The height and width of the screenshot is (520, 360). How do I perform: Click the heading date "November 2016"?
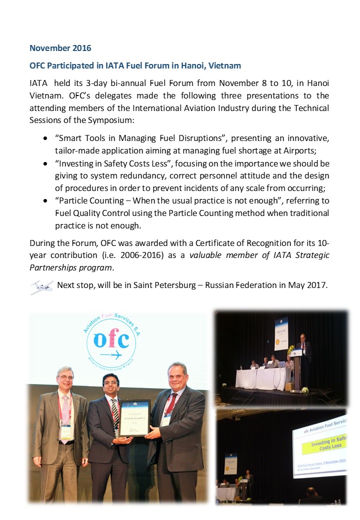point(60,48)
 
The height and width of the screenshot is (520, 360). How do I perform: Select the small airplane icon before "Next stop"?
point(42,287)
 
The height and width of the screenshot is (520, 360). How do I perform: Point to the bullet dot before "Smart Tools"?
point(45,137)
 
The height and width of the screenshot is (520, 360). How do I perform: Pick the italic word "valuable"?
point(204,255)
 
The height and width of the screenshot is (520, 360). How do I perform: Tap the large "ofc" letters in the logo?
point(111,341)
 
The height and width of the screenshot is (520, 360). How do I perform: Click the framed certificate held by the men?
point(134,418)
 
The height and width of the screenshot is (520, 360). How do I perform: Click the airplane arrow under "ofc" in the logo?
point(111,355)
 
